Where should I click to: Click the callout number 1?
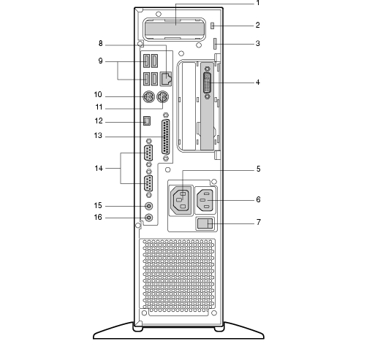pyautogui.click(x=258, y=3)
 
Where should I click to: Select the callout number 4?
pyautogui.click(x=258, y=83)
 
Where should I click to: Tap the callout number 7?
pyautogui.click(x=259, y=222)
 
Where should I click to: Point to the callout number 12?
pyautogui.click(x=99, y=120)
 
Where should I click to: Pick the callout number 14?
pyautogui.click(x=99, y=169)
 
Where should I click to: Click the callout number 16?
pyautogui.click(x=98, y=218)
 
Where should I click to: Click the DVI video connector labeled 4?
pyautogui.click(x=208, y=83)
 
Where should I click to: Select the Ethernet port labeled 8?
pyautogui.click(x=166, y=79)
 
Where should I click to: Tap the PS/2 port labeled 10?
pyautogui.click(x=149, y=96)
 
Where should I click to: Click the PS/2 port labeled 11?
pyautogui.click(x=162, y=96)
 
